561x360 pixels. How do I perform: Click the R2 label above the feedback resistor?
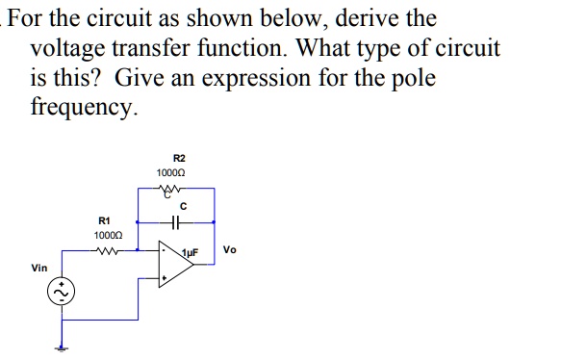tap(179, 157)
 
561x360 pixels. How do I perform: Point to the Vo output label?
tap(230, 250)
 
